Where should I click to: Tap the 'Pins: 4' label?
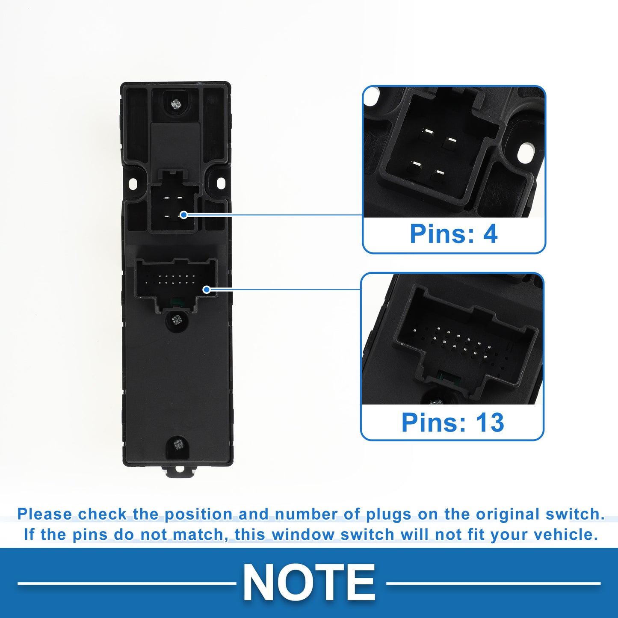(x=453, y=234)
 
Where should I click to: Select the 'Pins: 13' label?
(x=452, y=423)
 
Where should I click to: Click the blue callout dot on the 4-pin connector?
(x=183, y=215)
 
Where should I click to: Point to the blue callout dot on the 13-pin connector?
(x=207, y=290)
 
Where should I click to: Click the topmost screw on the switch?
(x=175, y=103)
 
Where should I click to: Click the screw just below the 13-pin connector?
(x=176, y=319)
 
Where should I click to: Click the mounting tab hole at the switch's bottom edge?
(x=178, y=469)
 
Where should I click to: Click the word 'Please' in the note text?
(x=44, y=514)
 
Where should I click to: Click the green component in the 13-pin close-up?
(x=449, y=377)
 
